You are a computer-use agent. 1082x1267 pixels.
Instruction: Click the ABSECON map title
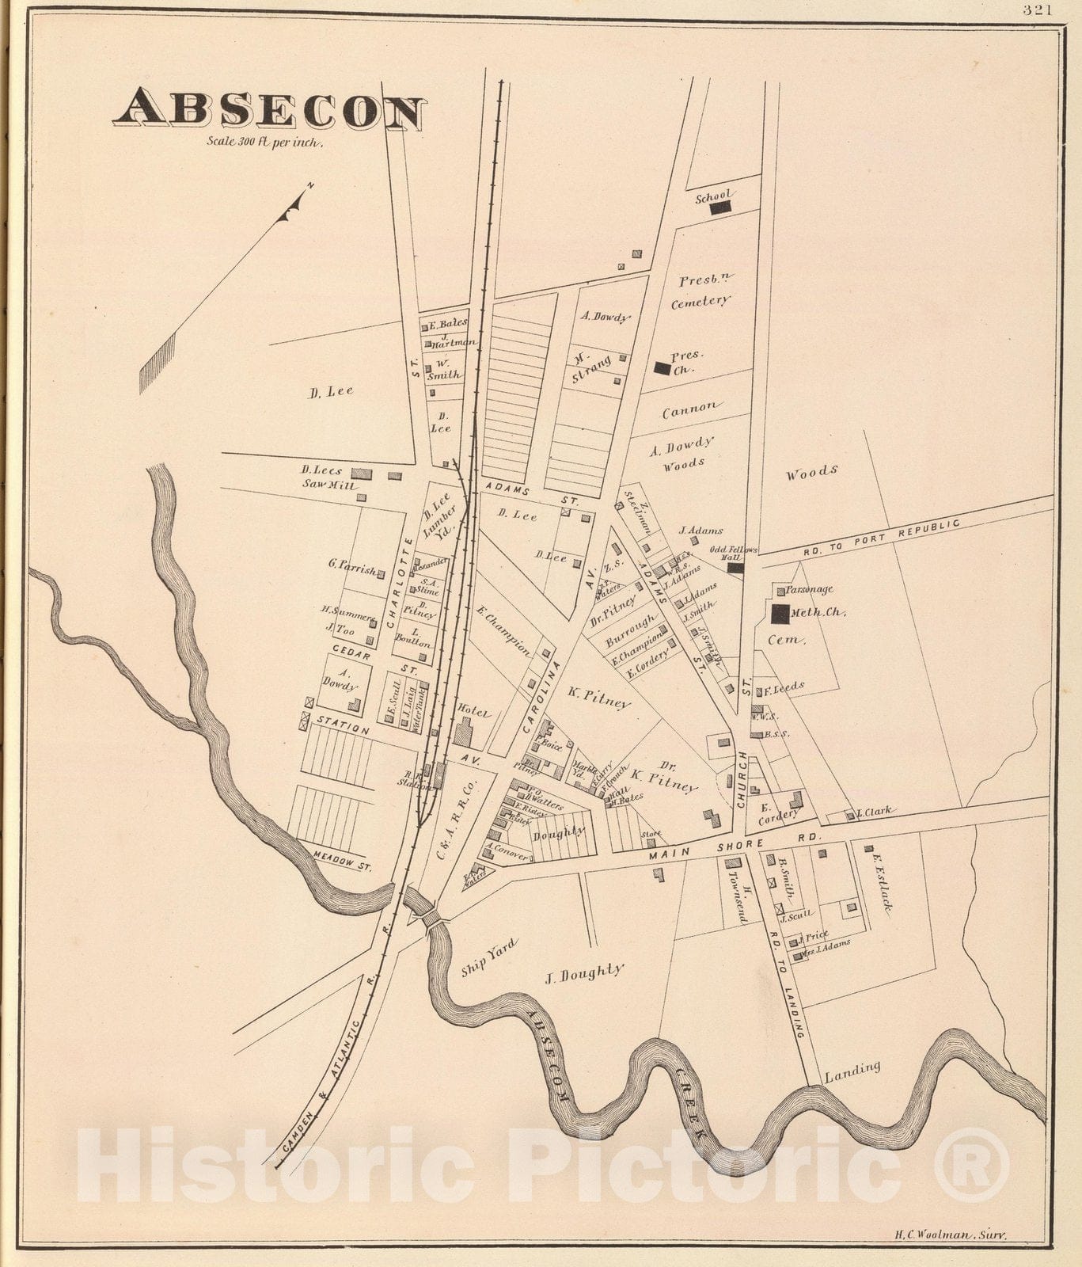269,110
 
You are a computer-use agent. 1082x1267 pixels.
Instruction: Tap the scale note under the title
265,143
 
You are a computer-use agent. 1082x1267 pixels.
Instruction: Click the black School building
719,207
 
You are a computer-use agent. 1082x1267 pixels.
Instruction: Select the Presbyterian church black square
661,367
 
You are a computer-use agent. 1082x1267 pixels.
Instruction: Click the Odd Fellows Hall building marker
735,567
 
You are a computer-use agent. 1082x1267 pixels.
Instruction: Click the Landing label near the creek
852,1071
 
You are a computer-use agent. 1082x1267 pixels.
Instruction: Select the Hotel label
474,713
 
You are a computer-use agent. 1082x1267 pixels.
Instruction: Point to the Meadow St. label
342,862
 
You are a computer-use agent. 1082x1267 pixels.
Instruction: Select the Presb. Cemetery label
700,291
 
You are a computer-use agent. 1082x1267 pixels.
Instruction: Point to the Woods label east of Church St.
811,473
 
